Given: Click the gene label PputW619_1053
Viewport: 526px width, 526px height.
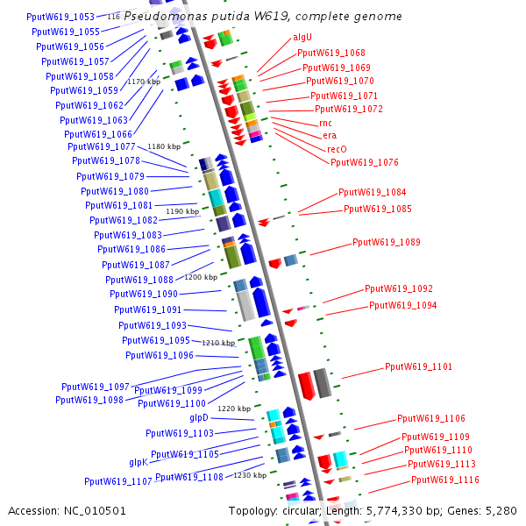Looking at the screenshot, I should [60, 17].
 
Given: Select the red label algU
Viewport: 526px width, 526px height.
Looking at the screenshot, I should [302, 39].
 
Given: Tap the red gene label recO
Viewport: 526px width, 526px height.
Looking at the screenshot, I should [338, 149].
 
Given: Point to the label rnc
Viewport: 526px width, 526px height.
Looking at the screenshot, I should [325, 124].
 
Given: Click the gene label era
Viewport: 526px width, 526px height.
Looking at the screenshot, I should [329, 136].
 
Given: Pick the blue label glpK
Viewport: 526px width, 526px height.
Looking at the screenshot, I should [139, 462].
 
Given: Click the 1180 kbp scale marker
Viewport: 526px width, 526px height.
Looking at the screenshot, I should [163, 146].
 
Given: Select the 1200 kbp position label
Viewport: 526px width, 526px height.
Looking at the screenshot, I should [201, 277].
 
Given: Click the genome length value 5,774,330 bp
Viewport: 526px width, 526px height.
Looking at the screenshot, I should [397, 509].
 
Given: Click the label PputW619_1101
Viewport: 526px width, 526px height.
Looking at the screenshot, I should [418, 366].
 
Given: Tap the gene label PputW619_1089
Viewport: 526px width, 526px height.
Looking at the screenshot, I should [386, 242].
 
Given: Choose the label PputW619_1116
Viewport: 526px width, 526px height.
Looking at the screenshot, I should [444, 480].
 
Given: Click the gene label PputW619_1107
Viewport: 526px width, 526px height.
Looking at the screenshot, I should [117, 481].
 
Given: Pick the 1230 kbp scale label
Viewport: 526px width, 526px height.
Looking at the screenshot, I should [250, 475].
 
